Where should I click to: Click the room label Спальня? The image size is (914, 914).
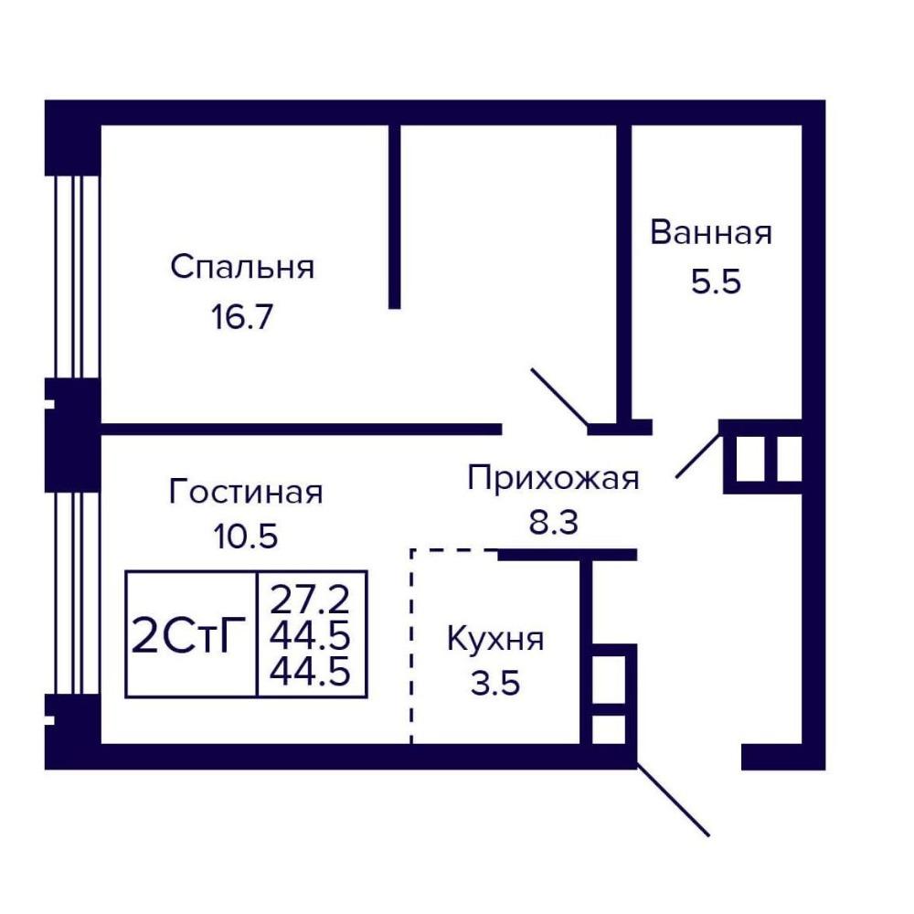pos(242,268)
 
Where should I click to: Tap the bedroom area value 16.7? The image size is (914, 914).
pos(242,318)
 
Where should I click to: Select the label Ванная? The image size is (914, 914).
pos(711,232)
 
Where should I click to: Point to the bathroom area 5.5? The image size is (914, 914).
pos(716,282)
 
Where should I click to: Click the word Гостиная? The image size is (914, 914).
pos(245,491)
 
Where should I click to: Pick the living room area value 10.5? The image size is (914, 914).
pos(245,536)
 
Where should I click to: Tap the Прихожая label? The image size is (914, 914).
pos(553,479)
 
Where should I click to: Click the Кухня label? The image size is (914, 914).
pos(495,640)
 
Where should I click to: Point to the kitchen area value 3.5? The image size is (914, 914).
pos(495,683)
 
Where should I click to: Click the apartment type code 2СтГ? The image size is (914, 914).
pos(188,635)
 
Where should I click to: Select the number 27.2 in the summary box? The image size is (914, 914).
pos(310,600)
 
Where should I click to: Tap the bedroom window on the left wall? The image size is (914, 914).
pos(73,277)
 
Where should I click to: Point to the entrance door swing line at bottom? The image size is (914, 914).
pos(673,799)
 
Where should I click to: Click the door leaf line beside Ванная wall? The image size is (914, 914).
pos(559,397)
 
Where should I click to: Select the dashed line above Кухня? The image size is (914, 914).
pos(453,549)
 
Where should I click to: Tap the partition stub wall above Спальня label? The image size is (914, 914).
pos(395,217)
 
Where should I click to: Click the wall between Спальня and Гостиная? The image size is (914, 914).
pos(302,429)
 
